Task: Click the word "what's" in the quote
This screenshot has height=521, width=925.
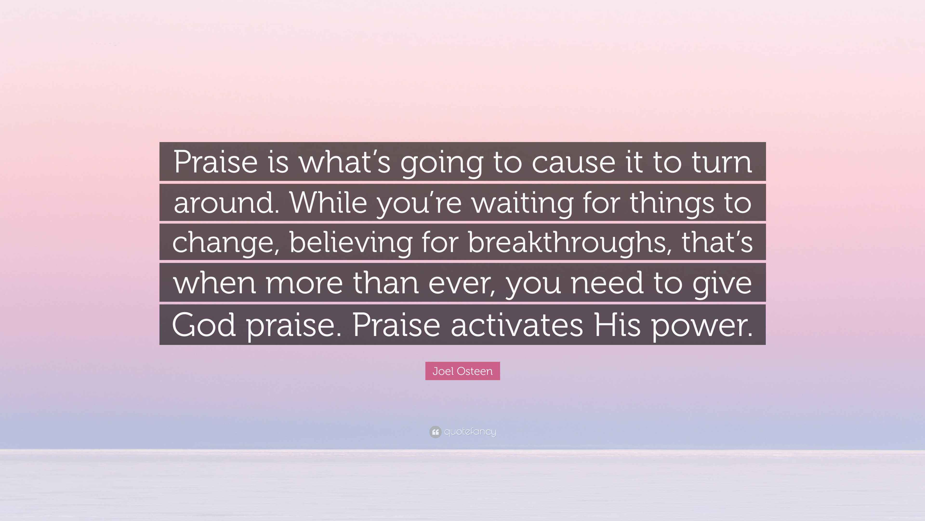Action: point(345,162)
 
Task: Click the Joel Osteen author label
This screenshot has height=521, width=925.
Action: point(462,371)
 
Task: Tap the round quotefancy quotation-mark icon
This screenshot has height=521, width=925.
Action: point(435,432)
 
